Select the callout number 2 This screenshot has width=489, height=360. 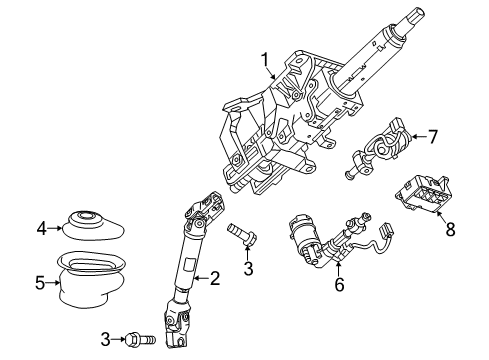pyautogui.click(x=213, y=277)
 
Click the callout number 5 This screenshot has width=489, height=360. pyautogui.click(x=40, y=282)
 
